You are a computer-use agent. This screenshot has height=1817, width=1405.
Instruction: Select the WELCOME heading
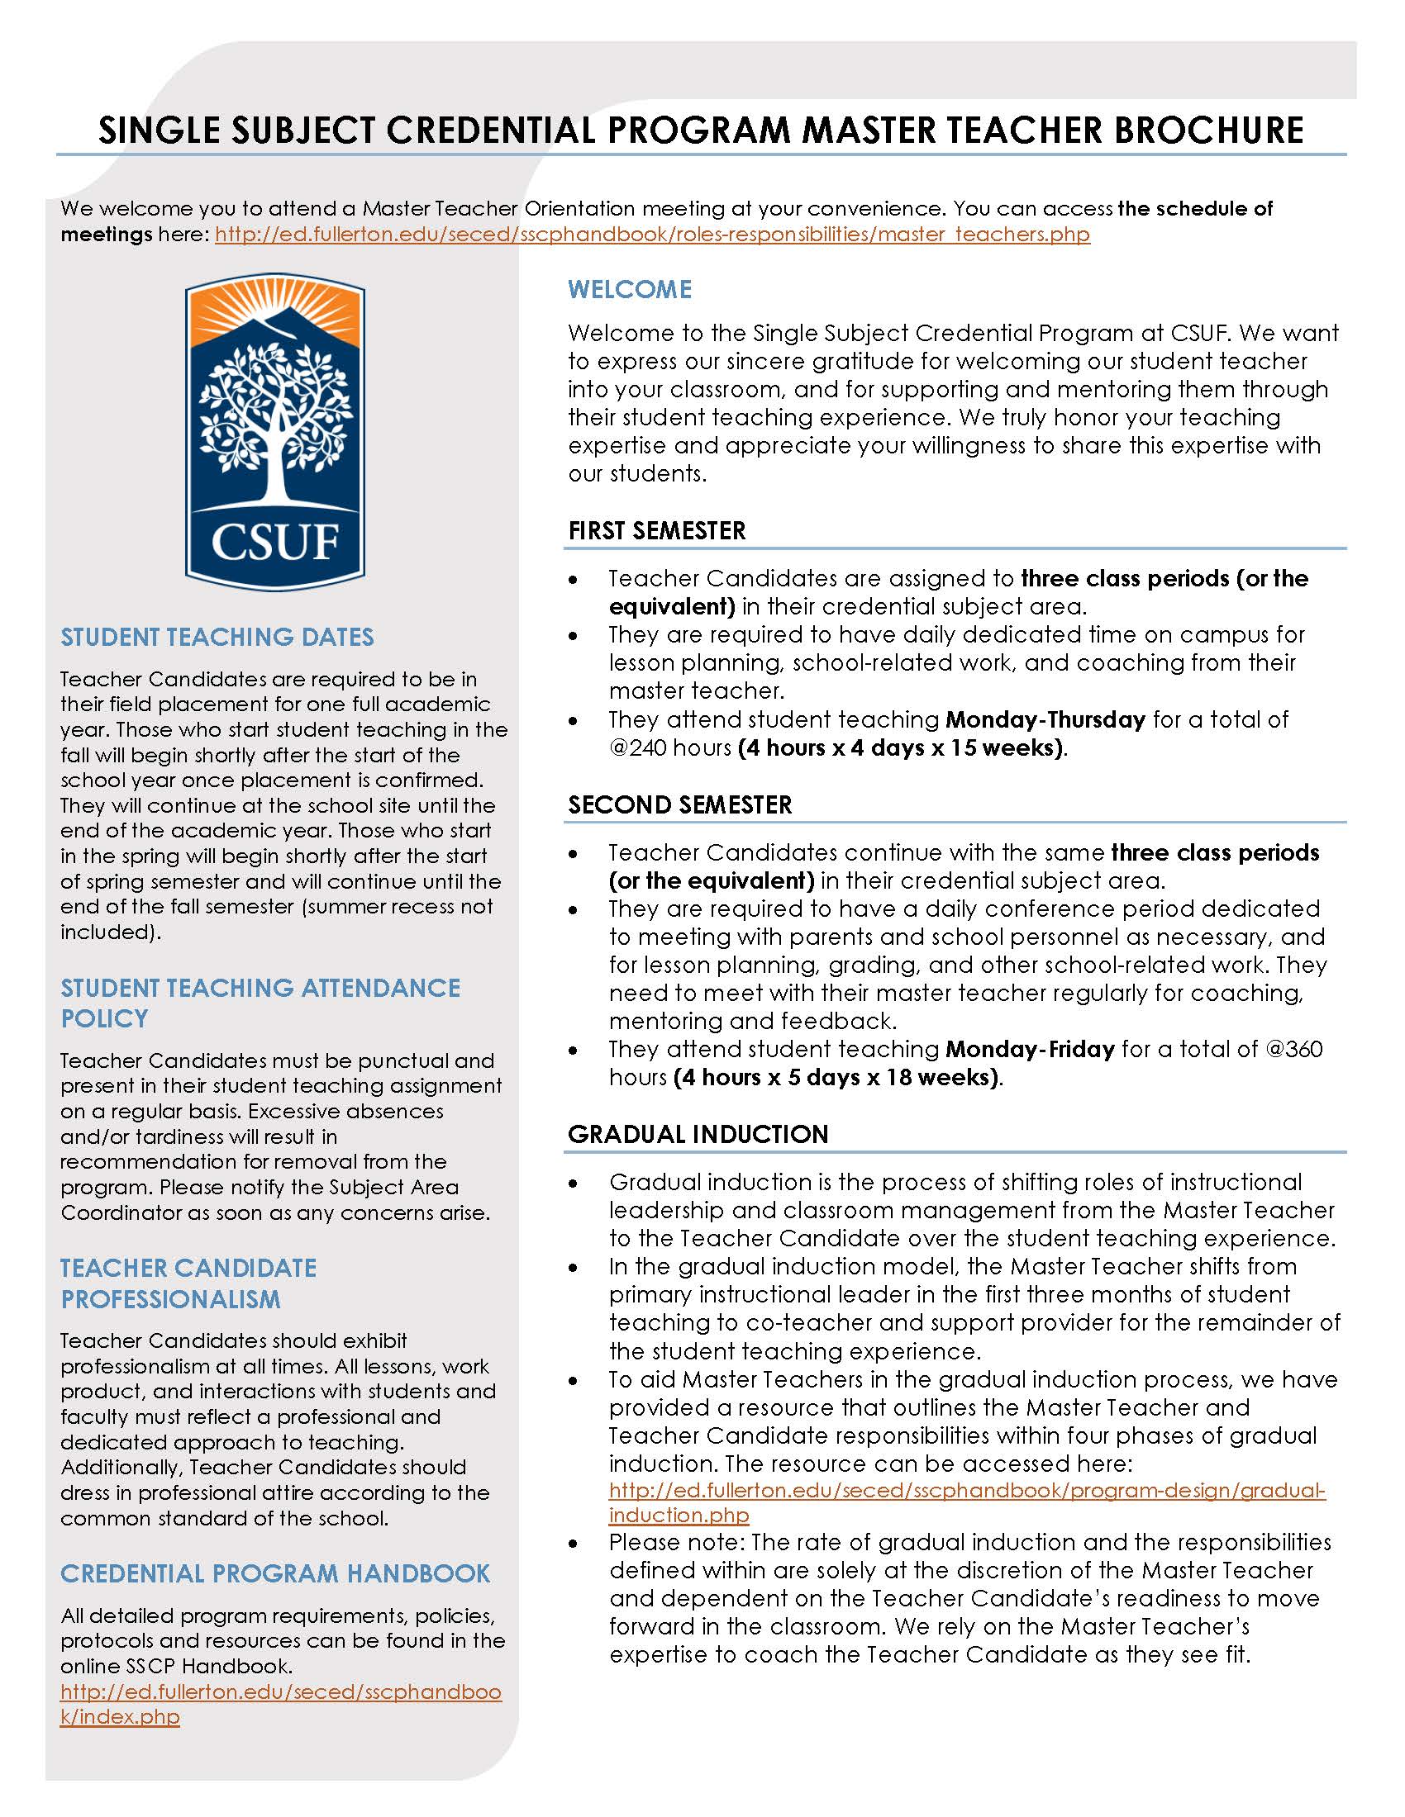[629, 290]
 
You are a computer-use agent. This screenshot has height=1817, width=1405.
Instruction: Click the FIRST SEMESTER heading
[657, 531]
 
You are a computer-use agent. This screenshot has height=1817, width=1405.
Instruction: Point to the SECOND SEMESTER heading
[679, 804]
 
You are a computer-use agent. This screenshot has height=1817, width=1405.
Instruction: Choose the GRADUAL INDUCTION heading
[698, 1134]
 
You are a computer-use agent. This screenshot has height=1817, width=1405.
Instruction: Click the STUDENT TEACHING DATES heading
[217, 638]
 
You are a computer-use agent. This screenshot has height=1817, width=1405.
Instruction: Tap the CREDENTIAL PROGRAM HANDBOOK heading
[275, 1573]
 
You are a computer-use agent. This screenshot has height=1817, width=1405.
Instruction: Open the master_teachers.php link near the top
[652, 235]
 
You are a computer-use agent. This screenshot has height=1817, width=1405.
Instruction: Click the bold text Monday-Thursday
[1045, 719]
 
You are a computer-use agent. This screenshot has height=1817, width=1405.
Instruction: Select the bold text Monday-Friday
[1030, 1049]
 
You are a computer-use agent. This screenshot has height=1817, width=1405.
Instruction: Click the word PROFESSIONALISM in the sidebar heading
[170, 1299]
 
